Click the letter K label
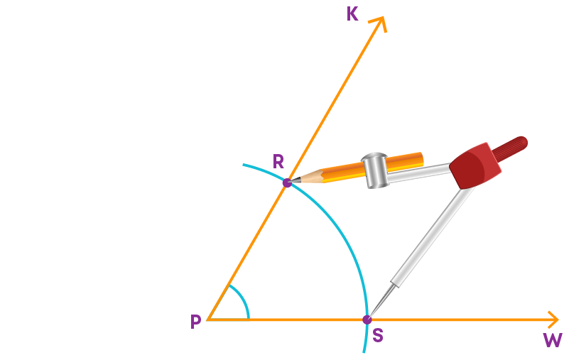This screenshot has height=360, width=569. [352, 14]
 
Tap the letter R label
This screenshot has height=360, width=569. [278, 161]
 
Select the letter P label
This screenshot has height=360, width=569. [195, 322]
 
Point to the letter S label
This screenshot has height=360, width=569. [378, 335]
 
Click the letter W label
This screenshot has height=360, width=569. [553, 340]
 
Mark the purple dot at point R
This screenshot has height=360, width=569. [287, 182]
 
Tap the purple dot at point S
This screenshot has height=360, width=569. [367, 320]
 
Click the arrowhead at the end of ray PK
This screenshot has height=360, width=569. [379, 23]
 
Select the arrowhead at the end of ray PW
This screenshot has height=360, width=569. [553, 320]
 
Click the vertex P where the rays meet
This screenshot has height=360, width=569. [207, 320]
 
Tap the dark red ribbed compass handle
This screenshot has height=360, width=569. [509, 148]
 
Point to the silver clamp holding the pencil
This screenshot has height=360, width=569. [374, 170]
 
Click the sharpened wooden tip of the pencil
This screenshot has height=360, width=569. [307, 177]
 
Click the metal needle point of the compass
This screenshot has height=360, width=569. [381, 301]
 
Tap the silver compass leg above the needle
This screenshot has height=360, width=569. [433, 236]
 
